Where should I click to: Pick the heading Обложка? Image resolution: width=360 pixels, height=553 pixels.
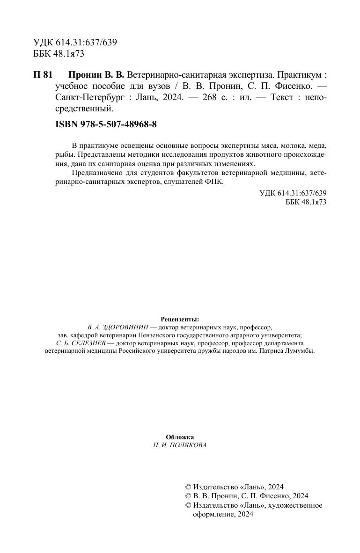tap(180, 437)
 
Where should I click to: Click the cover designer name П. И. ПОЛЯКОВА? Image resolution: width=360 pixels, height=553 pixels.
tap(180, 445)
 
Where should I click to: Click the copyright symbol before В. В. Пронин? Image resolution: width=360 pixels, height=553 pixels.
tap(189, 496)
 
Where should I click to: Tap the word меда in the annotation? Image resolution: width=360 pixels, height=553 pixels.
tap(317, 146)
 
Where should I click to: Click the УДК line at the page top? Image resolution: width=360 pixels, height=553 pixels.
tap(75, 43)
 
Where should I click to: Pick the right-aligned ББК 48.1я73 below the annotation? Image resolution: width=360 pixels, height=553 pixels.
tap(305, 202)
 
